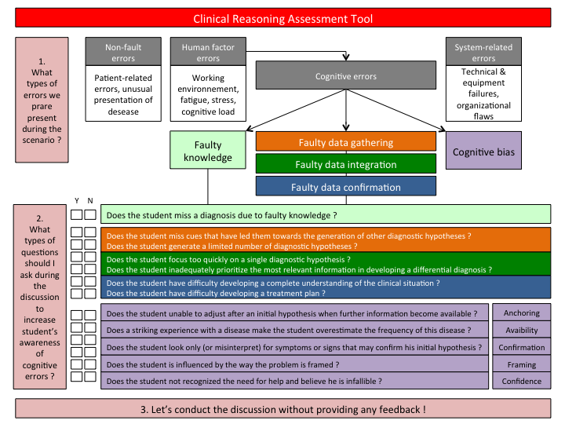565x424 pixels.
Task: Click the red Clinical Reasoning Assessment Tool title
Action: click(x=282, y=18)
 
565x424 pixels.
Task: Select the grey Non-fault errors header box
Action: click(x=123, y=52)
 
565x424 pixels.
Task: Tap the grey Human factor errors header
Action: click(x=208, y=52)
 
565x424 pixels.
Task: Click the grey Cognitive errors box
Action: click(x=345, y=76)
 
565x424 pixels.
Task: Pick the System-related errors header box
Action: click(x=483, y=52)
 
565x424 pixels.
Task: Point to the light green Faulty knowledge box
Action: click(x=208, y=151)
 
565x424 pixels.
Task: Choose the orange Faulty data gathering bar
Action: click(x=345, y=142)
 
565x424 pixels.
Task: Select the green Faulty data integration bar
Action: click(x=345, y=165)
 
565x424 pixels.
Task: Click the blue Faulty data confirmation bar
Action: click(x=345, y=187)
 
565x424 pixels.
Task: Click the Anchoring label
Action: click(x=522, y=313)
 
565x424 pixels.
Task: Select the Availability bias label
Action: click(x=522, y=331)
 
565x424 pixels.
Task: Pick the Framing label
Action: click(x=522, y=364)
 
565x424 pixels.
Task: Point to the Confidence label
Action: click(x=522, y=382)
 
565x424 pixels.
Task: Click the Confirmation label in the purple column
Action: click(x=522, y=348)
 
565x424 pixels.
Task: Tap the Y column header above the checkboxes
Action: click(x=77, y=200)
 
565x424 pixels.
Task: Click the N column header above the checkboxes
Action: click(x=91, y=200)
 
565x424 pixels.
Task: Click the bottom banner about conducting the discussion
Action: click(x=282, y=409)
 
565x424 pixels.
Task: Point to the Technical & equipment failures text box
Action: click(x=483, y=93)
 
